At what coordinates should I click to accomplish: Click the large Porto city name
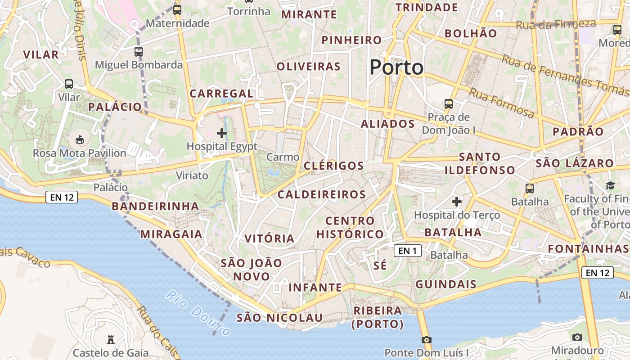tap(396, 67)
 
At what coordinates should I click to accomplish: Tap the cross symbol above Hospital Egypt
tap(222, 133)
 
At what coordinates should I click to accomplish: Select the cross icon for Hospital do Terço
tap(457, 202)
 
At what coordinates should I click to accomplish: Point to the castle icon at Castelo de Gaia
tap(111, 339)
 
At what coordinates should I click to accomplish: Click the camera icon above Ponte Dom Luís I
tap(427, 340)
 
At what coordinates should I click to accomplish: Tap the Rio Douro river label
tap(198, 313)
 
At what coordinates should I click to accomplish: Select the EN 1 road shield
tap(408, 251)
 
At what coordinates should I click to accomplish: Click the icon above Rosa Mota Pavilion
tap(80, 140)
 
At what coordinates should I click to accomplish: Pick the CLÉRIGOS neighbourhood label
tap(333, 166)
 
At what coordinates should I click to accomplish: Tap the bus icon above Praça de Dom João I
tap(449, 104)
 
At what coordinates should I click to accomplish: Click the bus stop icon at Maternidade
tap(177, 9)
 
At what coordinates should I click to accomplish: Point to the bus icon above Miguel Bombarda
tap(139, 52)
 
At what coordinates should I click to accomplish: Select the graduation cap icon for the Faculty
tap(610, 185)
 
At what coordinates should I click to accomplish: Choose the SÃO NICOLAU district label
tap(279, 318)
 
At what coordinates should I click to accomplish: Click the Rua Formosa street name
tap(502, 103)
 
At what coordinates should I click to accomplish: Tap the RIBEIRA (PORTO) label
tap(378, 317)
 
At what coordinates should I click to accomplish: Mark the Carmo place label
tap(283, 157)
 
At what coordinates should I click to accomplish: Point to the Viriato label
tap(192, 175)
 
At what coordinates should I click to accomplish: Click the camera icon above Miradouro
tap(577, 337)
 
